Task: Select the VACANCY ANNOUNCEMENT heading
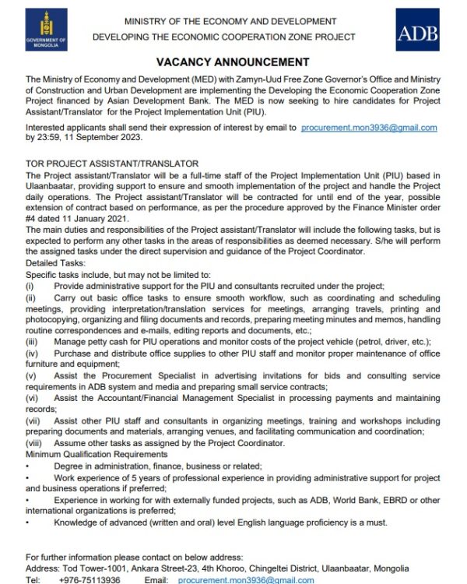coord(233,62)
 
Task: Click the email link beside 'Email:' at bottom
coord(246,580)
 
